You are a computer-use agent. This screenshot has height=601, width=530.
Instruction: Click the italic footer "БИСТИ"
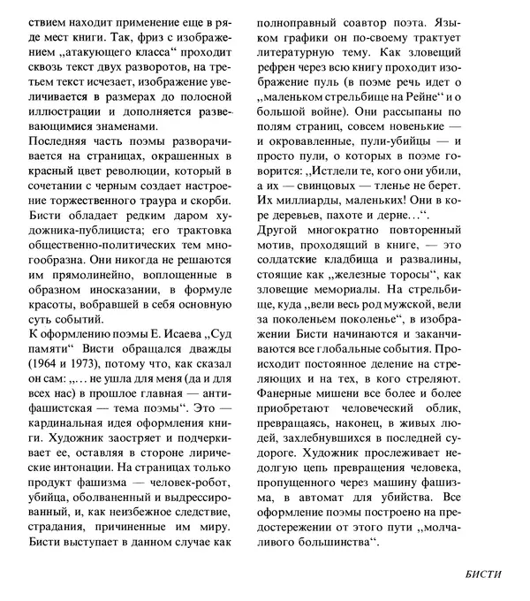[482, 574]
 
